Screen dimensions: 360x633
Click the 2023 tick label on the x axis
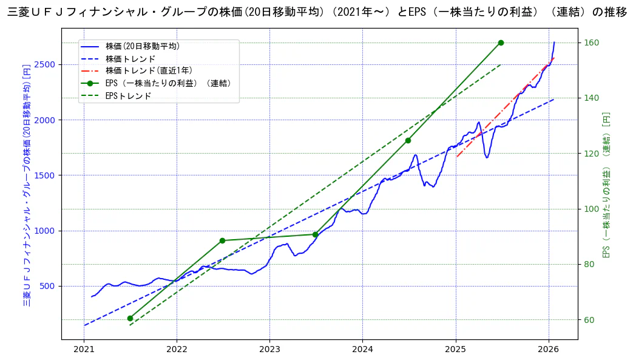click(x=269, y=349)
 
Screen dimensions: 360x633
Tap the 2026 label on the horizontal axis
click(x=549, y=349)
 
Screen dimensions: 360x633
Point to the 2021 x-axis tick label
click(x=84, y=349)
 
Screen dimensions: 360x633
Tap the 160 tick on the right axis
click(x=592, y=42)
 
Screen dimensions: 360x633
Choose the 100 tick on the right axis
click(x=592, y=209)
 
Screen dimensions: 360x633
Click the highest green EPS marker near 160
click(x=501, y=42)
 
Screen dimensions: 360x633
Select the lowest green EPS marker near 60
click(x=130, y=318)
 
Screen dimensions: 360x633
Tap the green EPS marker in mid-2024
click(x=408, y=140)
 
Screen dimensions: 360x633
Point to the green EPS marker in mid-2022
click(x=222, y=240)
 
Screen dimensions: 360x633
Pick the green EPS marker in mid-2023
click(x=315, y=234)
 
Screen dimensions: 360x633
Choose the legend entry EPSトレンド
click(x=128, y=96)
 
